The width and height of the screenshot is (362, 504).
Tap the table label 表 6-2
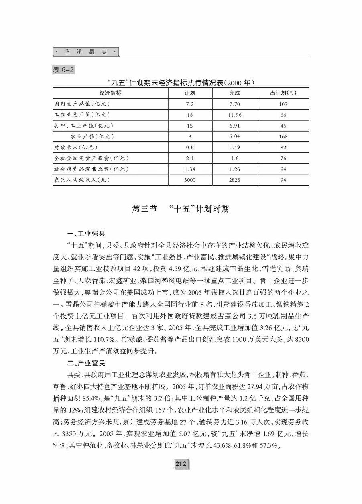(64, 69)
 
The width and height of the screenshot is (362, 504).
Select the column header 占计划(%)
(283, 93)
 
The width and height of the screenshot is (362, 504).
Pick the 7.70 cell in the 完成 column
(234, 104)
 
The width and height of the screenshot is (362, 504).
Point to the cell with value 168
(283, 136)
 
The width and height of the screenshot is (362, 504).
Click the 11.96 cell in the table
(234, 115)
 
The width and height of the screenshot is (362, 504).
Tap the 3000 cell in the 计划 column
(189, 180)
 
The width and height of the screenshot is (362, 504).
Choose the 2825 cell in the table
(234, 180)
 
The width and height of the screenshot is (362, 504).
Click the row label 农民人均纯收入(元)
(82, 180)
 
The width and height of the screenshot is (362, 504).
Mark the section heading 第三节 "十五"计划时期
(181, 209)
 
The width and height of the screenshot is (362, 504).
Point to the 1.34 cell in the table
(190, 169)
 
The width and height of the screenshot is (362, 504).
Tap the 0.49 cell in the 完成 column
(234, 147)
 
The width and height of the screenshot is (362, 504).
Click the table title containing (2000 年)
(181, 83)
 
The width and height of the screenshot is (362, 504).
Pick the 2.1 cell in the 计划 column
(190, 158)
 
